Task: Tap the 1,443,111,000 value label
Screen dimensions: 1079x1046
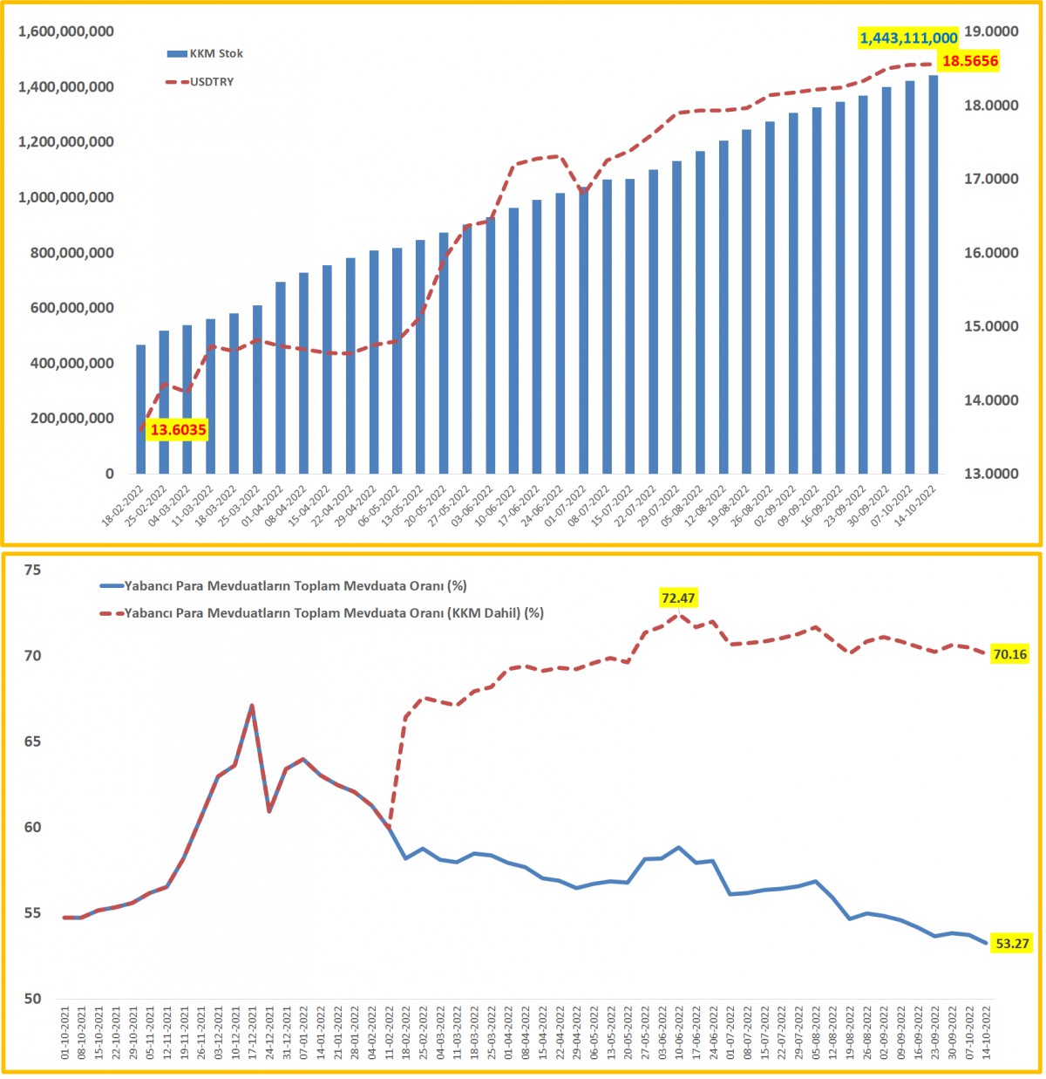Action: pyautogui.click(x=908, y=38)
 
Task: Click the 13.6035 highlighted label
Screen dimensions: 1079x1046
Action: pyautogui.click(x=178, y=430)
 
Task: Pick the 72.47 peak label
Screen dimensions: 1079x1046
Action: pyautogui.click(x=678, y=598)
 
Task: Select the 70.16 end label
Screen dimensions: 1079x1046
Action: pyautogui.click(x=1009, y=654)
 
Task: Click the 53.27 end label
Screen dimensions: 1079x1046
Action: pyautogui.click(x=1012, y=944)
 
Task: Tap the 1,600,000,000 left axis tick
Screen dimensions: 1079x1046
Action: pyautogui.click(x=66, y=32)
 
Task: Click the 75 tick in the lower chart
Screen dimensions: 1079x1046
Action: pyautogui.click(x=33, y=570)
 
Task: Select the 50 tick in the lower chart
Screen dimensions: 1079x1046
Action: pyautogui.click(x=33, y=999)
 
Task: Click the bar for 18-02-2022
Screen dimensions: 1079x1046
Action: pyautogui.click(x=141, y=409)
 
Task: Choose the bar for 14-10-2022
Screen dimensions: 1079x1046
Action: pyautogui.click(x=933, y=274)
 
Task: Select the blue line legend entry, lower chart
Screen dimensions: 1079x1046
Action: pyautogui.click(x=295, y=586)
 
